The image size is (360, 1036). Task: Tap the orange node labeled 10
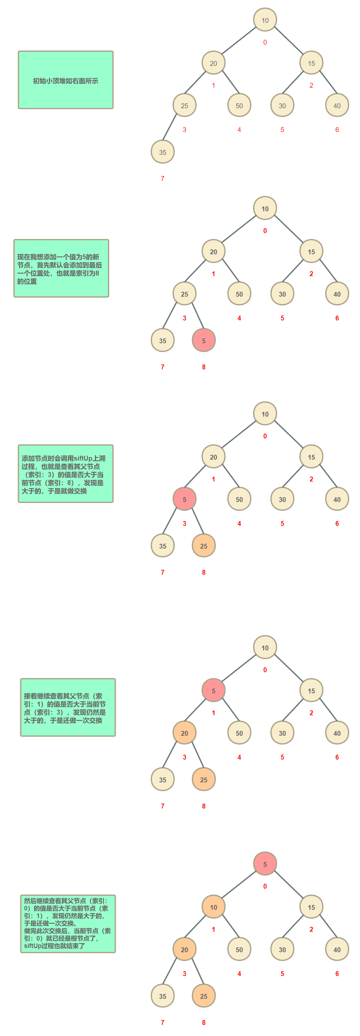(x=213, y=907)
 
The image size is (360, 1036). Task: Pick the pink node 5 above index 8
(x=203, y=340)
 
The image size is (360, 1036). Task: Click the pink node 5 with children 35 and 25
(x=184, y=499)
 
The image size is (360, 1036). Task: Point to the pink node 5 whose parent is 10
(x=213, y=690)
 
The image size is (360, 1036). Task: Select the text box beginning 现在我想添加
(x=61, y=268)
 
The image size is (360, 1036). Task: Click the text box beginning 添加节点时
(x=66, y=473)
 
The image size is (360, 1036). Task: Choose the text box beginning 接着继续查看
(x=68, y=707)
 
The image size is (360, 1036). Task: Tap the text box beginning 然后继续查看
(x=68, y=924)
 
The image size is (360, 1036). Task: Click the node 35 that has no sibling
(x=162, y=152)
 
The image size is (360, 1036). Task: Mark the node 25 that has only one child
(x=184, y=105)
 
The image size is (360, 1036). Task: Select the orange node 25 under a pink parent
(x=203, y=546)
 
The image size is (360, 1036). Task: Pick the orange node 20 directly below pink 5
(x=184, y=733)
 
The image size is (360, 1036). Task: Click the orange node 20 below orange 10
(x=184, y=949)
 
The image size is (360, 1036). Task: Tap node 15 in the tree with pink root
(x=311, y=907)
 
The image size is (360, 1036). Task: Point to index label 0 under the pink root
(x=265, y=886)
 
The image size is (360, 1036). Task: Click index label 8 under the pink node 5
(x=203, y=367)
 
